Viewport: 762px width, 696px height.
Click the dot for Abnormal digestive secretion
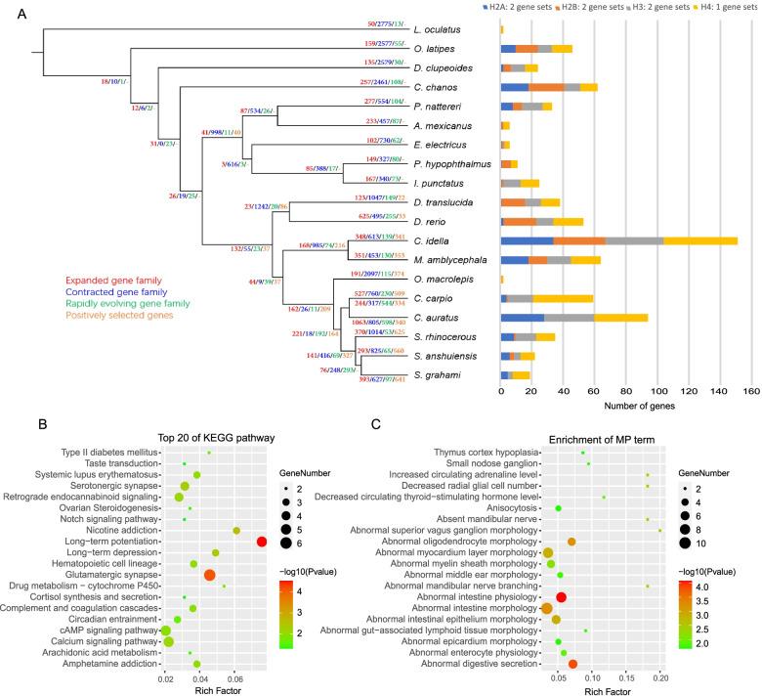(572, 665)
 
